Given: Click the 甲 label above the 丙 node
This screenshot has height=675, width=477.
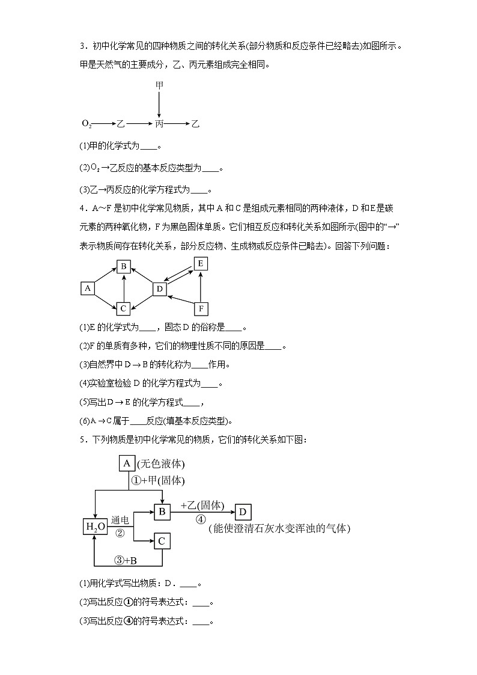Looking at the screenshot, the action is (159, 87).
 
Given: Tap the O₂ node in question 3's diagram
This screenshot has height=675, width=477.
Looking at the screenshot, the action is (87, 124).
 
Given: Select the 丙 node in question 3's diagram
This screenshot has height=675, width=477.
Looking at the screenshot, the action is (159, 124).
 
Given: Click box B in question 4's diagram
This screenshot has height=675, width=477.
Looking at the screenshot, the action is (123, 267).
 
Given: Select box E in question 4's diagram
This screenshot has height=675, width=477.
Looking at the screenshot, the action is (201, 263).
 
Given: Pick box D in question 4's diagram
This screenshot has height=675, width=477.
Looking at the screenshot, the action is (159, 289).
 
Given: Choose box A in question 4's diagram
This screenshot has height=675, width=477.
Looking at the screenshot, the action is (88, 289).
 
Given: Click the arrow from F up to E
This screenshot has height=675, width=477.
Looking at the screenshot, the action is (201, 286).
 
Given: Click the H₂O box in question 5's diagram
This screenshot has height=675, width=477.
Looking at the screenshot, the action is (95, 527).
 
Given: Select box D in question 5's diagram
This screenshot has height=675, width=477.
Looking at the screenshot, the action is (243, 512).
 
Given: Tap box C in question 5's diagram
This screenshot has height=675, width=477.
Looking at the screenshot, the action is (161, 542).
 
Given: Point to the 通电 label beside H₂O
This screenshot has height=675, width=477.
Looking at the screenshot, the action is (120, 519).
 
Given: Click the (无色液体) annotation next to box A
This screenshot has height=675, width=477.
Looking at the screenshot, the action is (160, 464).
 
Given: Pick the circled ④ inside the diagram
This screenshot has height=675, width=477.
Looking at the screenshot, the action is (201, 520).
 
